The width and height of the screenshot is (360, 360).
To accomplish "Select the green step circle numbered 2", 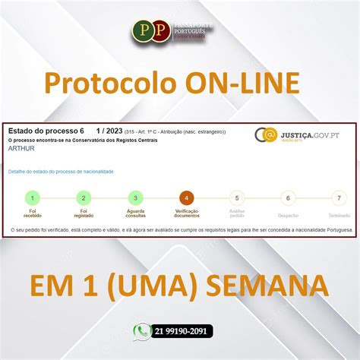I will click(x=84, y=198).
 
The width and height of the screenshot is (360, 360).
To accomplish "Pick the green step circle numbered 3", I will click(x=135, y=198).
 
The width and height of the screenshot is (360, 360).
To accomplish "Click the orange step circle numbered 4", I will click(x=186, y=198).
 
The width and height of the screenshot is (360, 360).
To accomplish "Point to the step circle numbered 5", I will click(x=237, y=198).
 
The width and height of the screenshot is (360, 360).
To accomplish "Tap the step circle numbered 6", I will click(x=288, y=198).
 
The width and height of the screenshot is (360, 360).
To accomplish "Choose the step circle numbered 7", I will click(x=339, y=198).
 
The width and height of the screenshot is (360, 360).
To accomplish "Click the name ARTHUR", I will click(x=21, y=148).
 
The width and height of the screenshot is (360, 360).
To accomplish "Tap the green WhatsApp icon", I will click(x=141, y=331).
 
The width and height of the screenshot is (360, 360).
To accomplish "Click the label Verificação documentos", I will click(x=186, y=215).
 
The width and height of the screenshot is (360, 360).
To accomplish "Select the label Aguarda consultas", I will click(x=135, y=215).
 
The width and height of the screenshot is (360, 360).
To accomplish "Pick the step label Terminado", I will click(x=339, y=215).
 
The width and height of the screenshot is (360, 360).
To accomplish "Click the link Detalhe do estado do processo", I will click(x=61, y=172).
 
